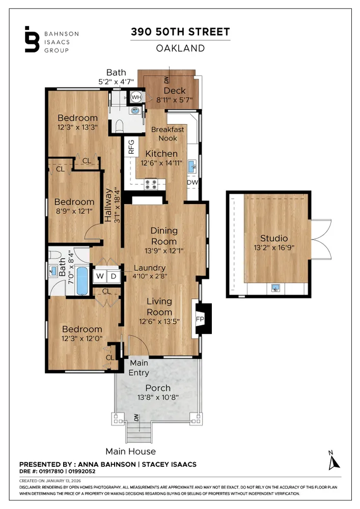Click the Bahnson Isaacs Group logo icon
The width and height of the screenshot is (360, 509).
[x=32, y=39]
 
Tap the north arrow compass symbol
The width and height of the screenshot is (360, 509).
[x=334, y=460]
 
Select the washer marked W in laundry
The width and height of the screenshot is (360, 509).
[x=100, y=276]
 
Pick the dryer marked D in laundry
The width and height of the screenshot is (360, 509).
[x=114, y=276]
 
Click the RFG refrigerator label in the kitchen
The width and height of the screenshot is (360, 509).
[x=131, y=147]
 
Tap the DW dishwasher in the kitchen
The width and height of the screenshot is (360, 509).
[x=192, y=182]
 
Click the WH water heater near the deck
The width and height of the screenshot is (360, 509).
[x=136, y=97]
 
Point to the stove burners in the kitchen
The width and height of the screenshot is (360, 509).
[x=152, y=184]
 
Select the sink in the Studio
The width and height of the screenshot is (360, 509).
[x=275, y=289]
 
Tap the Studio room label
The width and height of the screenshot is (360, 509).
[x=274, y=238]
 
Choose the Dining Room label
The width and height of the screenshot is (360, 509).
[x=164, y=236]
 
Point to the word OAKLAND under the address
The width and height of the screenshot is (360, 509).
[x=180, y=48]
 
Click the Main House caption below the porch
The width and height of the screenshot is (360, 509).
[x=130, y=451]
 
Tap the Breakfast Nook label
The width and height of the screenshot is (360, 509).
[x=168, y=133]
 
